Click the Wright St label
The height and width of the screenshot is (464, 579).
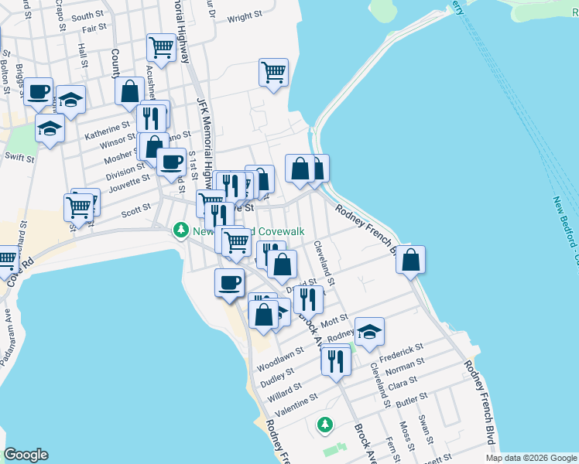click(245, 16)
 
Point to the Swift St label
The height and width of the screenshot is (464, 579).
click(20, 159)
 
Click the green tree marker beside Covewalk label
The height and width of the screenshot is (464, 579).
click(180, 230)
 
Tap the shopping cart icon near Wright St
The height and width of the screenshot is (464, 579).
click(273, 72)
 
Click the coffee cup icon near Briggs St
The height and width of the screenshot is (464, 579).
click(38, 91)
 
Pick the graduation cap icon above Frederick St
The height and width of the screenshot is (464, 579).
click(370, 331)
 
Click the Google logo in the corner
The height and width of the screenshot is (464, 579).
click(26, 455)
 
